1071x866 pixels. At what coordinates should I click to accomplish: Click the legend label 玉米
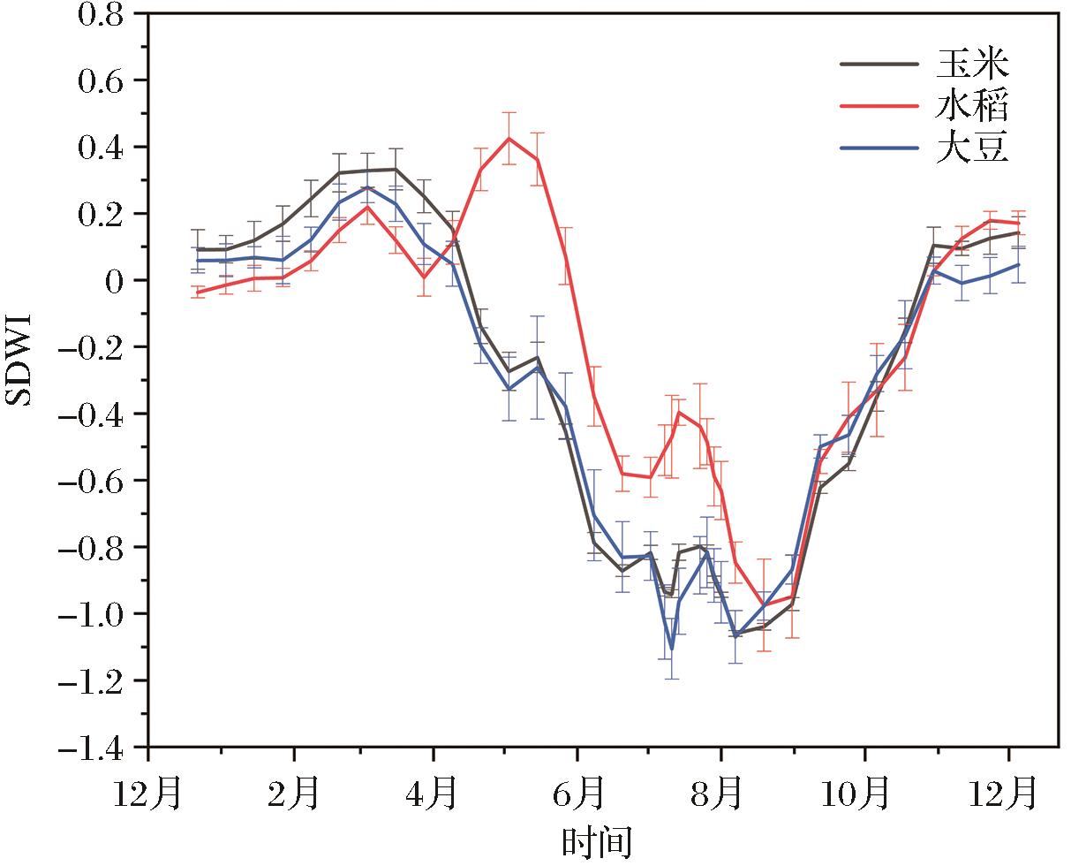pyautogui.click(x=972, y=64)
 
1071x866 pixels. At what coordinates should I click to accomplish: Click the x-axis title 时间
pyautogui.click(x=597, y=840)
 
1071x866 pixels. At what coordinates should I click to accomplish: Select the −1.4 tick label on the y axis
pyautogui.click(x=94, y=748)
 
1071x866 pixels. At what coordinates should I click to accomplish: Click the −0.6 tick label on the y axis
pyautogui.click(x=94, y=481)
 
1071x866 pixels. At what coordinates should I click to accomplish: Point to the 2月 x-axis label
pyautogui.click(x=293, y=792)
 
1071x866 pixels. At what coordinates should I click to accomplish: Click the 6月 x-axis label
pyautogui.click(x=577, y=792)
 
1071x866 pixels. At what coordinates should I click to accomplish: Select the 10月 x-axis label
pyautogui.click(x=864, y=792)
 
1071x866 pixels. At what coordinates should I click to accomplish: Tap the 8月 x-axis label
pyautogui.click(x=721, y=792)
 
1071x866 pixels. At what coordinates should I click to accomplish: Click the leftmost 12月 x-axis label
pyautogui.click(x=148, y=792)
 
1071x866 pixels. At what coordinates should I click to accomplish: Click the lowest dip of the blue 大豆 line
pyautogui.click(x=672, y=649)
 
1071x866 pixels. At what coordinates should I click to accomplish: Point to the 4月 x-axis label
pyautogui.click(x=434, y=792)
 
